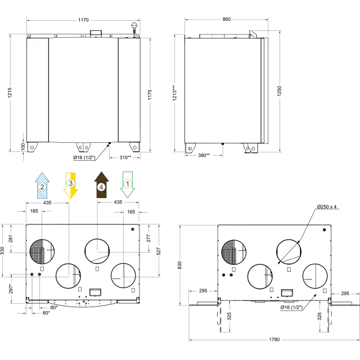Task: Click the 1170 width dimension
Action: (x=83, y=20)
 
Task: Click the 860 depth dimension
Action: (x=226, y=19)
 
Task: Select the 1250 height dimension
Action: (x=279, y=91)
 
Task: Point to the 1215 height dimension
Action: (x=10, y=93)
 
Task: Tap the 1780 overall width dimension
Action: (x=274, y=340)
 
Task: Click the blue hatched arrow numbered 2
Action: (x=42, y=186)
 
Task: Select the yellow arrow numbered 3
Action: (x=71, y=186)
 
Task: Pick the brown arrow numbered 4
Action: (x=101, y=185)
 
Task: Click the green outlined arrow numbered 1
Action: (x=128, y=185)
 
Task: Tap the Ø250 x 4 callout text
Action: (x=326, y=206)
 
